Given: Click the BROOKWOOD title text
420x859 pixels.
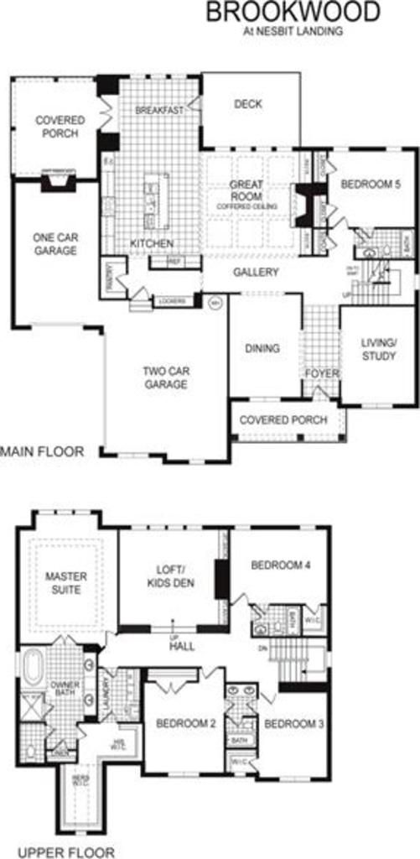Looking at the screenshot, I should [293, 12].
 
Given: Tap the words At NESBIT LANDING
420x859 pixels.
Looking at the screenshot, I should [293, 31].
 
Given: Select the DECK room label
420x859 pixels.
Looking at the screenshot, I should [248, 104].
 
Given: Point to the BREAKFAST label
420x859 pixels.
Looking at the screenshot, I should [159, 111].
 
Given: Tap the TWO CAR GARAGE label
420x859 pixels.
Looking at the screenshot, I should [164, 377].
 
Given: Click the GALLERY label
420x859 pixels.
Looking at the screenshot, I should [256, 272].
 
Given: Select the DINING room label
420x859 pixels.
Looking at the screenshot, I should [262, 348].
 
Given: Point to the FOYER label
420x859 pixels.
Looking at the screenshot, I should [322, 372].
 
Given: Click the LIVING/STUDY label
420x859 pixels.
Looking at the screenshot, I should [378, 349].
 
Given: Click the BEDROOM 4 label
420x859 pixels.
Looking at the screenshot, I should [281, 565].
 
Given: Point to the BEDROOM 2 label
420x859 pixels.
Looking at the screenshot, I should [184, 723].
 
